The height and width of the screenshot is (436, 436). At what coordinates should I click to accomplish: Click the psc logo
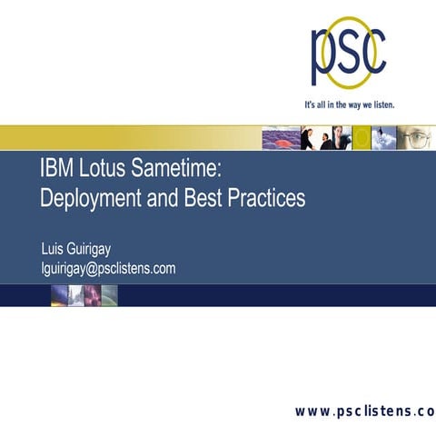click(x=349, y=53)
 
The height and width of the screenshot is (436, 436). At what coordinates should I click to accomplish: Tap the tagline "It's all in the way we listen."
click(x=350, y=104)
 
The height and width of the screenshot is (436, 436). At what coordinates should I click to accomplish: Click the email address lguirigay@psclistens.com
click(x=108, y=268)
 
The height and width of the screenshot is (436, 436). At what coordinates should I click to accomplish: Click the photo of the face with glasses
click(x=418, y=137)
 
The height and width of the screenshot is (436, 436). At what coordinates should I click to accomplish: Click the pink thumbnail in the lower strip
click(x=92, y=294)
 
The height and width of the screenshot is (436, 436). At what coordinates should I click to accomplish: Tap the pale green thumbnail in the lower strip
click(x=109, y=294)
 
